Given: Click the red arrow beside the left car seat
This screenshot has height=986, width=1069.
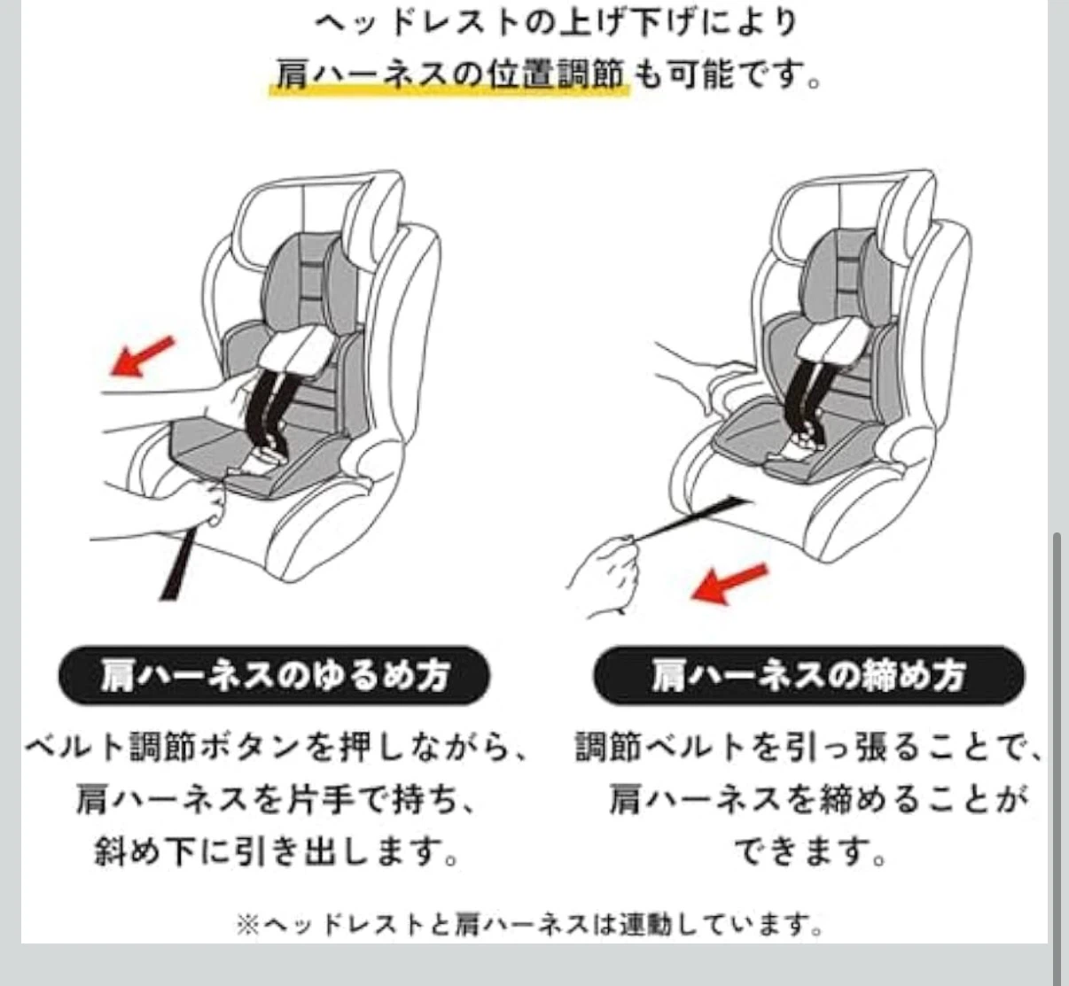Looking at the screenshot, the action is [x=142, y=356].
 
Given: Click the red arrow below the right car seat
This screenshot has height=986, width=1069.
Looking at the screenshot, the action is [x=730, y=584].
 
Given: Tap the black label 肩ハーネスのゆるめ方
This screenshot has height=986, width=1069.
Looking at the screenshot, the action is [x=275, y=675].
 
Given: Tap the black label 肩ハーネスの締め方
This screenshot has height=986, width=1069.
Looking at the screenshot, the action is [x=809, y=675].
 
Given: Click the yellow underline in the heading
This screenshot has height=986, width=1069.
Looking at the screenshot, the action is [x=449, y=91].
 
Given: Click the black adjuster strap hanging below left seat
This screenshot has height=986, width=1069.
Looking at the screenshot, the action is [x=177, y=563].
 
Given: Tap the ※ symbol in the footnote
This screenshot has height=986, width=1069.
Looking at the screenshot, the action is [x=248, y=925].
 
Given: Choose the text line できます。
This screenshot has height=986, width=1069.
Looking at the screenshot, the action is [x=810, y=852].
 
